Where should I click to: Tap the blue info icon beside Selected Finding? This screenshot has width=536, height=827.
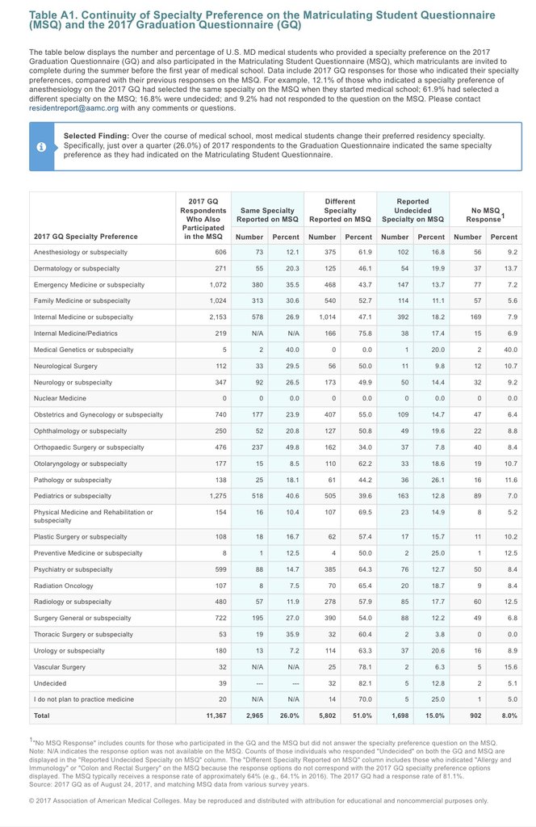tap(40, 146)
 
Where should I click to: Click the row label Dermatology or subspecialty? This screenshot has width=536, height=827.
tap(76, 268)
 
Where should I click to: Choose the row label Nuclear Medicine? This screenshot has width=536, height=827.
tap(61, 398)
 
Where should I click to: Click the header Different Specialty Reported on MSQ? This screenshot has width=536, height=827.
tap(340, 210)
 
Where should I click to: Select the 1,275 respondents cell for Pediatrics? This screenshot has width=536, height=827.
tap(213, 496)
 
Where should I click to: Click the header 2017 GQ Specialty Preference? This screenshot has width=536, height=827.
tap(86, 237)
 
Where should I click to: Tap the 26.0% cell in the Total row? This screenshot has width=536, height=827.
tap(288, 716)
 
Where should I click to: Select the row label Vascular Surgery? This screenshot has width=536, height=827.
tap(61, 666)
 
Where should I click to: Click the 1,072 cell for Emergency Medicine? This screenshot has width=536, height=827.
tap(213, 284)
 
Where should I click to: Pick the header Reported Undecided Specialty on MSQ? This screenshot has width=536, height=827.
tap(412, 210)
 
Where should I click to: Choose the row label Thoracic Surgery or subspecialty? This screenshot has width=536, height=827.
tap(83, 634)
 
